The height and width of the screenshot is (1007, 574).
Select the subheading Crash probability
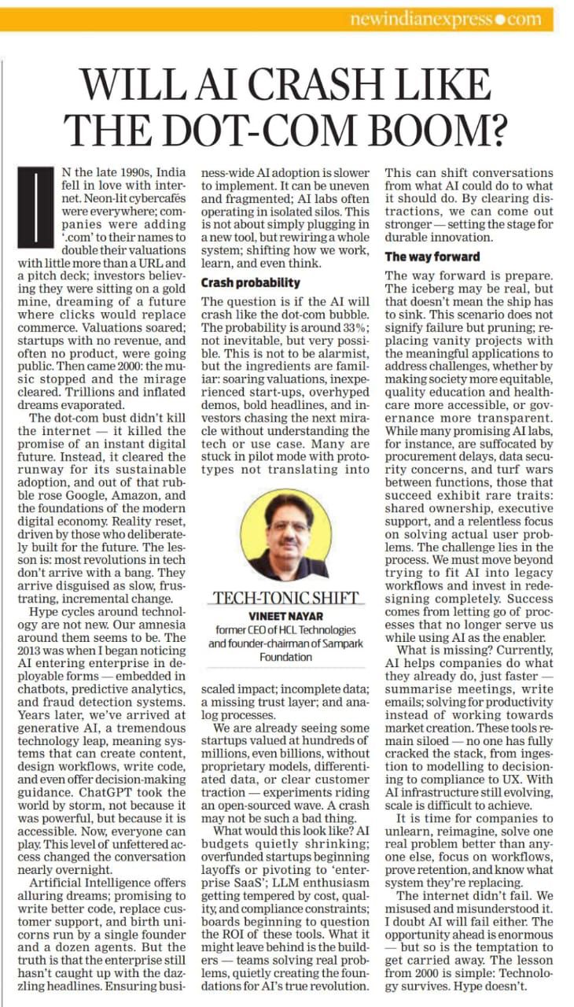[250, 282]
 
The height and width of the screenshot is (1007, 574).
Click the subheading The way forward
[432, 256]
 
